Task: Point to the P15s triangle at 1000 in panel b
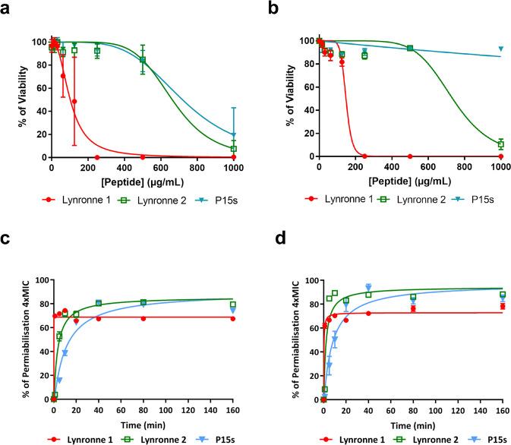[x=500, y=49]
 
